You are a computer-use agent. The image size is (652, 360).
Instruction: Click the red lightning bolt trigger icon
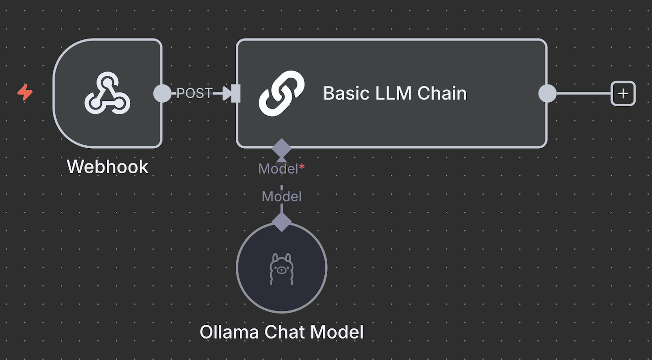point(25,93)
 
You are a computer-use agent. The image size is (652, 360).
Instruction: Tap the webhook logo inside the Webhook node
point(107,93)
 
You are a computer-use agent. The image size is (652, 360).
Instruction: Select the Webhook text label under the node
point(107,167)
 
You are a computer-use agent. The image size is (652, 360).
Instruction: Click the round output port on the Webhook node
point(162,93)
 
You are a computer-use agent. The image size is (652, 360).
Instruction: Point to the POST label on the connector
point(194,93)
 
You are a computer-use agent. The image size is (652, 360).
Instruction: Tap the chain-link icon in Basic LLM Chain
point(281,93)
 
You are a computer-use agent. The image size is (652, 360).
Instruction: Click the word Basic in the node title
point(344,93)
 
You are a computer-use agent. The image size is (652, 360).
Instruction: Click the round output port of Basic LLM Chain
point(548,93)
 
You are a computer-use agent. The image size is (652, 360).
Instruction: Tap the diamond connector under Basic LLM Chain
point(281,147)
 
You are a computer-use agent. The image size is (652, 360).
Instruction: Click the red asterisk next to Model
point(302,167)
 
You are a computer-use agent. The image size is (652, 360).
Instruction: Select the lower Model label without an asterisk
point(281,197)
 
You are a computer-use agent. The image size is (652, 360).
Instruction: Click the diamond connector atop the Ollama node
point(281,222)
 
